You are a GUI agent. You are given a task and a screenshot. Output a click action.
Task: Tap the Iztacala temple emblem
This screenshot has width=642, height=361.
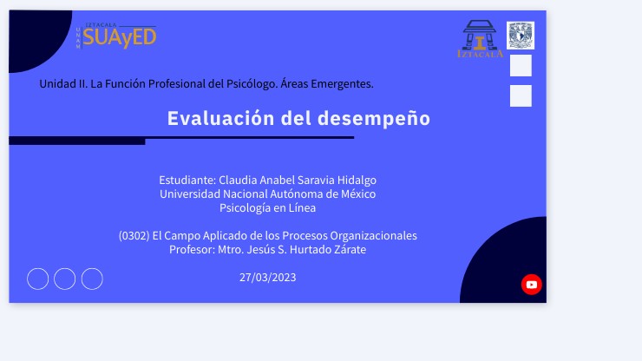pos(479,39)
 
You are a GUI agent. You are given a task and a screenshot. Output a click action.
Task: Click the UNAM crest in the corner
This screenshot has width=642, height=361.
pos(521,36)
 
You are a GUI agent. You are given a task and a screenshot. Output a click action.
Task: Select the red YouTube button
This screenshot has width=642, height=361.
pos(532,285)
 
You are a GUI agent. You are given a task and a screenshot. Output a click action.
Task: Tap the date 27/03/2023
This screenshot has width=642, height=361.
pos(267,278)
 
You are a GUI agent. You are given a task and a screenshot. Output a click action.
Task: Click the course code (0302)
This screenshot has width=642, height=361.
pos(134,236)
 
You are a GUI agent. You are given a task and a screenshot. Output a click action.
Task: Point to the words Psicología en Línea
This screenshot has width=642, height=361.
pos(267,208)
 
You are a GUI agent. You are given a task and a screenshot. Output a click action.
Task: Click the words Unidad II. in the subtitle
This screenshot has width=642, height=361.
pos(63,84)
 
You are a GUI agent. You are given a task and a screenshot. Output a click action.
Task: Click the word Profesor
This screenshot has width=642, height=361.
pos(191,250)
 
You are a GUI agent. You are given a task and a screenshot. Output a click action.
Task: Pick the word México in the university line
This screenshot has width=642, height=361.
pos(357,194)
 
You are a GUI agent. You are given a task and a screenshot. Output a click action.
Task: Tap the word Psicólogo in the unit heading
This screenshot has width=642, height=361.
pos(235,84)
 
